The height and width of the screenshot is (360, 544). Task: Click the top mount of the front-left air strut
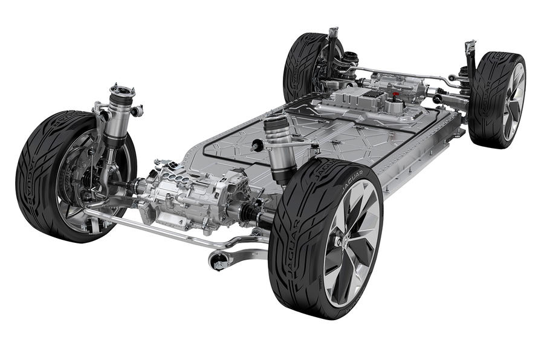tap(121, 91)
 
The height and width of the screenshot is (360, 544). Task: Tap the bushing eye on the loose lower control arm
tap(219, 262)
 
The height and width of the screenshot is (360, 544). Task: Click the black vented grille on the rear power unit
tap(369, 97)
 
